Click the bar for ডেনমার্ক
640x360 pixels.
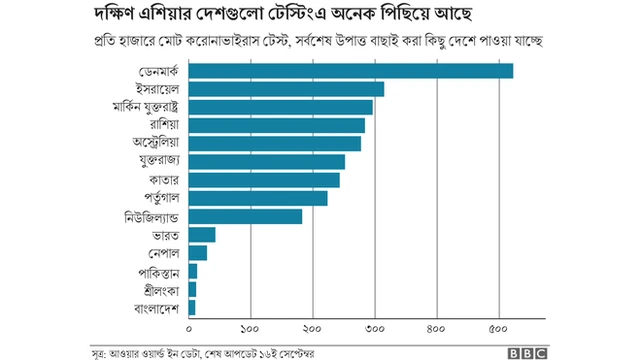(x=350, y=71)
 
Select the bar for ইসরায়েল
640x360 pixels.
(x=286, y=89)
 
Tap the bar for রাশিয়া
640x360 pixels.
(x=276, y=125)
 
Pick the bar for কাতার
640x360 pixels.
(x=264, y=180)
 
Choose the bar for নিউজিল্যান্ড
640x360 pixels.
(x=245, y=216)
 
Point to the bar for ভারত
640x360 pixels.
(x=201, y=234)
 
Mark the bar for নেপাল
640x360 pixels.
(x=197, y=253)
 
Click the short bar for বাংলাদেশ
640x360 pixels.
(x=192, y=307)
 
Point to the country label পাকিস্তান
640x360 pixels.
(x=158, y=271)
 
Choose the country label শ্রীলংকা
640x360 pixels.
(x=160, y=289)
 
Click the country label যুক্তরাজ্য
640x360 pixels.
(x=151, y=162)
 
